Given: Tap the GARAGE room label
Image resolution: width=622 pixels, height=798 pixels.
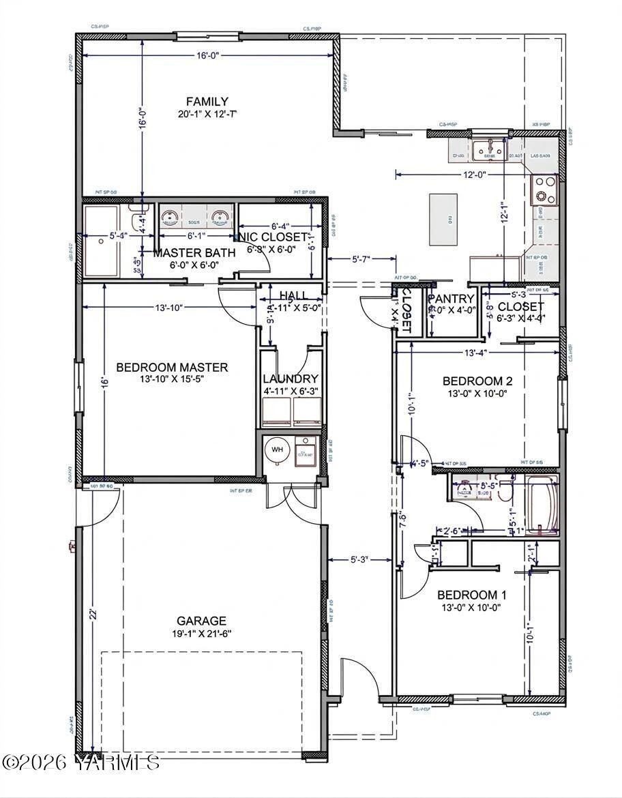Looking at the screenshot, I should (x=201, y=621).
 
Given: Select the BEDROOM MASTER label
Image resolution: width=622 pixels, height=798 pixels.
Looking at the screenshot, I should (x=172, y=368).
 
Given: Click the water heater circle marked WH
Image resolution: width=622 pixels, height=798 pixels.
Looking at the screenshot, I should (x=278, y=450).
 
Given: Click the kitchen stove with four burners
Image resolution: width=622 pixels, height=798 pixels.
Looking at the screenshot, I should (x=544, y=190).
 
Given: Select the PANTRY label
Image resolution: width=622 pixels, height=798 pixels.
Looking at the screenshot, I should (x=451, y=299).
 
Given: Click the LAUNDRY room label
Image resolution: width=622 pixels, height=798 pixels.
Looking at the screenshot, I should (x=291, y=379).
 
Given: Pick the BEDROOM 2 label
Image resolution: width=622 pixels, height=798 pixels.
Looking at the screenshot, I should (x=477, y=381).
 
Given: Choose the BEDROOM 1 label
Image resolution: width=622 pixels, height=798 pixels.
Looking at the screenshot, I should (x=472, y=595).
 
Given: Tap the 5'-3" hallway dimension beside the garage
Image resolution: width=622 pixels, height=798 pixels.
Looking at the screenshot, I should (x=359, y=560).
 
